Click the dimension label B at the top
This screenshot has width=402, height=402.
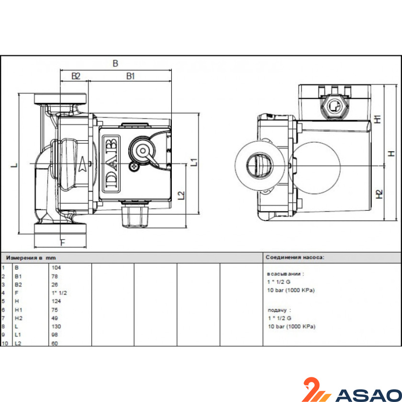pos(116,63)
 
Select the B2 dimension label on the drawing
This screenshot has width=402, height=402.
pos(76,76)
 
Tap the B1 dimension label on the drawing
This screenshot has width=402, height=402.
pos(131,76)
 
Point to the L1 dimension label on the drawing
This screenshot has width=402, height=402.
pos(195,162)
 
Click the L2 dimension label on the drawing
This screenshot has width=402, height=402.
pos(181,195)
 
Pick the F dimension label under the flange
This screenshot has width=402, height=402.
pos(63,243)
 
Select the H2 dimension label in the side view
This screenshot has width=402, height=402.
pos(379,194)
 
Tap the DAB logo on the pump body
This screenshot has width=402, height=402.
pos(112,164)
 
